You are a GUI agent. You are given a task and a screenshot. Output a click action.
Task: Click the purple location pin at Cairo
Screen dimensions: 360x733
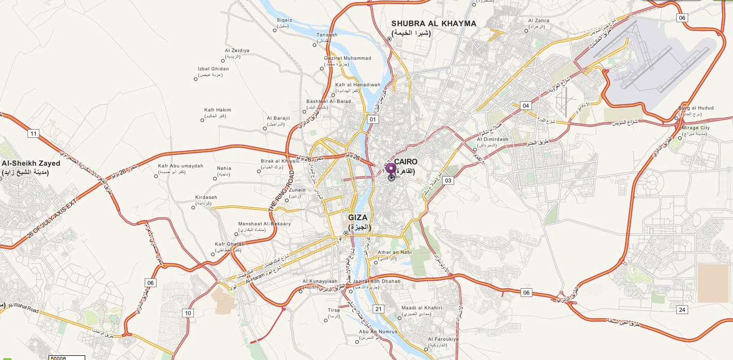click(391, 168)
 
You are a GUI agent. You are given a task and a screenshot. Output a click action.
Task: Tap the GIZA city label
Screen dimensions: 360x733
click(358, 218)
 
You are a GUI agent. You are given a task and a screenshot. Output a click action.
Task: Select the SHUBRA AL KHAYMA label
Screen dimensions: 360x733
click(433, 24)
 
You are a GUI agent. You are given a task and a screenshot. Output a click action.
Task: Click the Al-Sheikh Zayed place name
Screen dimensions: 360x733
click(31, 163)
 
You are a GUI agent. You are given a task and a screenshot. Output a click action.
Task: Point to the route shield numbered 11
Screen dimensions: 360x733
click(34, 134)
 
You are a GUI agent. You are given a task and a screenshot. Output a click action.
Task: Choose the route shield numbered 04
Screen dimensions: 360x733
click(526, 105)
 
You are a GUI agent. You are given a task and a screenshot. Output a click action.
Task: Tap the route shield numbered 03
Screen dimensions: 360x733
click(448, 180)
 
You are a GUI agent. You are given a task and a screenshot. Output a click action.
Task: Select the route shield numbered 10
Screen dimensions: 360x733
click(188, 313)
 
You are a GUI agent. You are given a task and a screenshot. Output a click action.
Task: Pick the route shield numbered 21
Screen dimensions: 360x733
click(379, 309)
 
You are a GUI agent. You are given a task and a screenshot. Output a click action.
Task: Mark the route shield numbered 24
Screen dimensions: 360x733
click(682, 309)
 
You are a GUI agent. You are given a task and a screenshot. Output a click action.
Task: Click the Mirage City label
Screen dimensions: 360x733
click(696, 128)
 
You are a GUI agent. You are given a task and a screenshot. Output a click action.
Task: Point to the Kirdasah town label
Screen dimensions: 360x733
click(207, 197)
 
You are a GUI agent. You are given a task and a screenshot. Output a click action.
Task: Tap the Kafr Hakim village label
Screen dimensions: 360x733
click(217, 110)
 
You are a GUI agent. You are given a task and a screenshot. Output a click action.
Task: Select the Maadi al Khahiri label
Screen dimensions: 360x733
click(422, 308)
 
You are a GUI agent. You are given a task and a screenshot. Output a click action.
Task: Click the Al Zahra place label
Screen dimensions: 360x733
click(538, 21)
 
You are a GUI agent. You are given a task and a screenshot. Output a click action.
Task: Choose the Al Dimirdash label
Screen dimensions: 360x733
click(492, 139)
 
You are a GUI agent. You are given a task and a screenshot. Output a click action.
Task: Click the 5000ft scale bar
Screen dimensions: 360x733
click(67, 357)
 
